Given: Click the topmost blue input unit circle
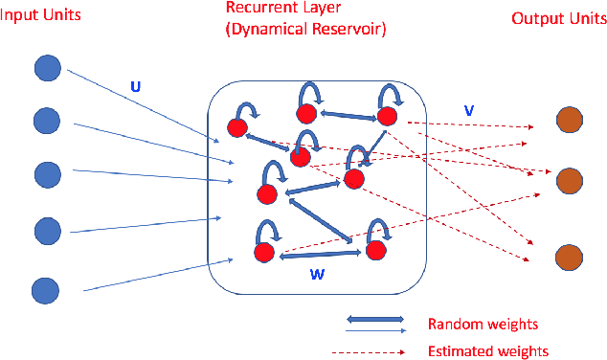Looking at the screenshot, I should click(47, 69).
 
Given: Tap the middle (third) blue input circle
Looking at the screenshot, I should click(47, 174).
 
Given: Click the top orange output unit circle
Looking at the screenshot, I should click(569, 121).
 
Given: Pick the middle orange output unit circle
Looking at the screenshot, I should click(569, 179).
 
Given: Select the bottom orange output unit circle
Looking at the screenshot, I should click(569, 258).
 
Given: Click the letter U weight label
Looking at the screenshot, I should click(137, 85).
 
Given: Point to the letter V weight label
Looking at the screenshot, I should click(468, 110).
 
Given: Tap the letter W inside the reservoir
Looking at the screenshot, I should click(319, 273).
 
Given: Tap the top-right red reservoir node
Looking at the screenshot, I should click(386, 116).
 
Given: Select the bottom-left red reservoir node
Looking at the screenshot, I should click(265, 253).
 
